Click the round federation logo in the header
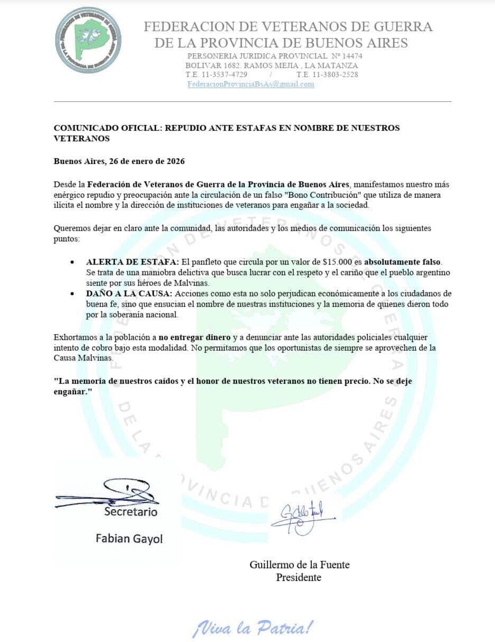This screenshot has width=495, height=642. (x=88, y=40)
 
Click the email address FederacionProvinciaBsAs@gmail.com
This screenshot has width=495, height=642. (x=251, y=84)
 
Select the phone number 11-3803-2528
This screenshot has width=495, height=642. (x=336, y=75)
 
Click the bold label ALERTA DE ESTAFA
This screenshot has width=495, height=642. (x=133, y=262)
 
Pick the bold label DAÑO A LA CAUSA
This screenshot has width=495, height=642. (x=129, y=293)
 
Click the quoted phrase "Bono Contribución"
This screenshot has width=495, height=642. (x=322, y=195)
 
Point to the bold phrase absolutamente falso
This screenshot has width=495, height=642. (x=402, y=262)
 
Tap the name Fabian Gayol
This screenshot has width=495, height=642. (x=129, y=538)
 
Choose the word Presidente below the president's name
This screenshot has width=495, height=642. (x=299, y=577)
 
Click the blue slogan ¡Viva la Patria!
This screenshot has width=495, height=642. (x=253, y=627)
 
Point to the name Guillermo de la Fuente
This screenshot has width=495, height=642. (x=299, y=565)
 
